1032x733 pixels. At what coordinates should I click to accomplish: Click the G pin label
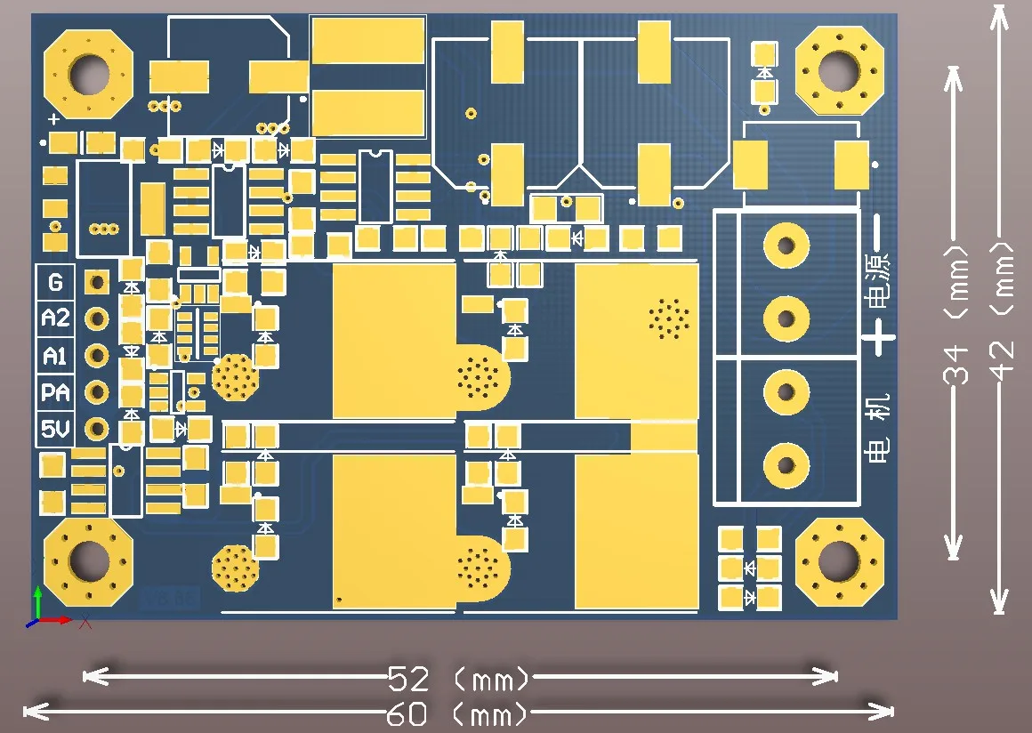pyautogui.click(x=55, y=282)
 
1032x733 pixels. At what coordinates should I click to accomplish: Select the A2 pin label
pyautogui.click(x=55, y=318)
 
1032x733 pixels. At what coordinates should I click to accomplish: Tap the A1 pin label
pyautogui.click(x=55, y=356)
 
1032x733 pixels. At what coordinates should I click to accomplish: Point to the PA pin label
pyautogui.click(x=55, y=392)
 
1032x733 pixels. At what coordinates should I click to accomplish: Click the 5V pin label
pyautogui.click(x=55, y=431)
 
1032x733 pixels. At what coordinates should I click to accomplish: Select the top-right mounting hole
pyautogui.click(x=839, y=70)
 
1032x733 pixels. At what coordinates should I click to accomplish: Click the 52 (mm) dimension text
pyautogui.click(x=459, y=681)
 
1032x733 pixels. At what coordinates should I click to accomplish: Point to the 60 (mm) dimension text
pyautogui.click(x=459, y=713)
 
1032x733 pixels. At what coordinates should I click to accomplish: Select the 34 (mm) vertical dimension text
pyautogui.click(x=956, y=338)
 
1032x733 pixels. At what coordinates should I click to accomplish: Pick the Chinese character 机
pyautogui.click(x=878, y=408)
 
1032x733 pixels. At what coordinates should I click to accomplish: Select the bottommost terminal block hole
pyautogui.click(x=786, y=463)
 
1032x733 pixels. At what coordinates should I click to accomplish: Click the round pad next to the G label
pyautogui.click(x=96, y=283)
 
